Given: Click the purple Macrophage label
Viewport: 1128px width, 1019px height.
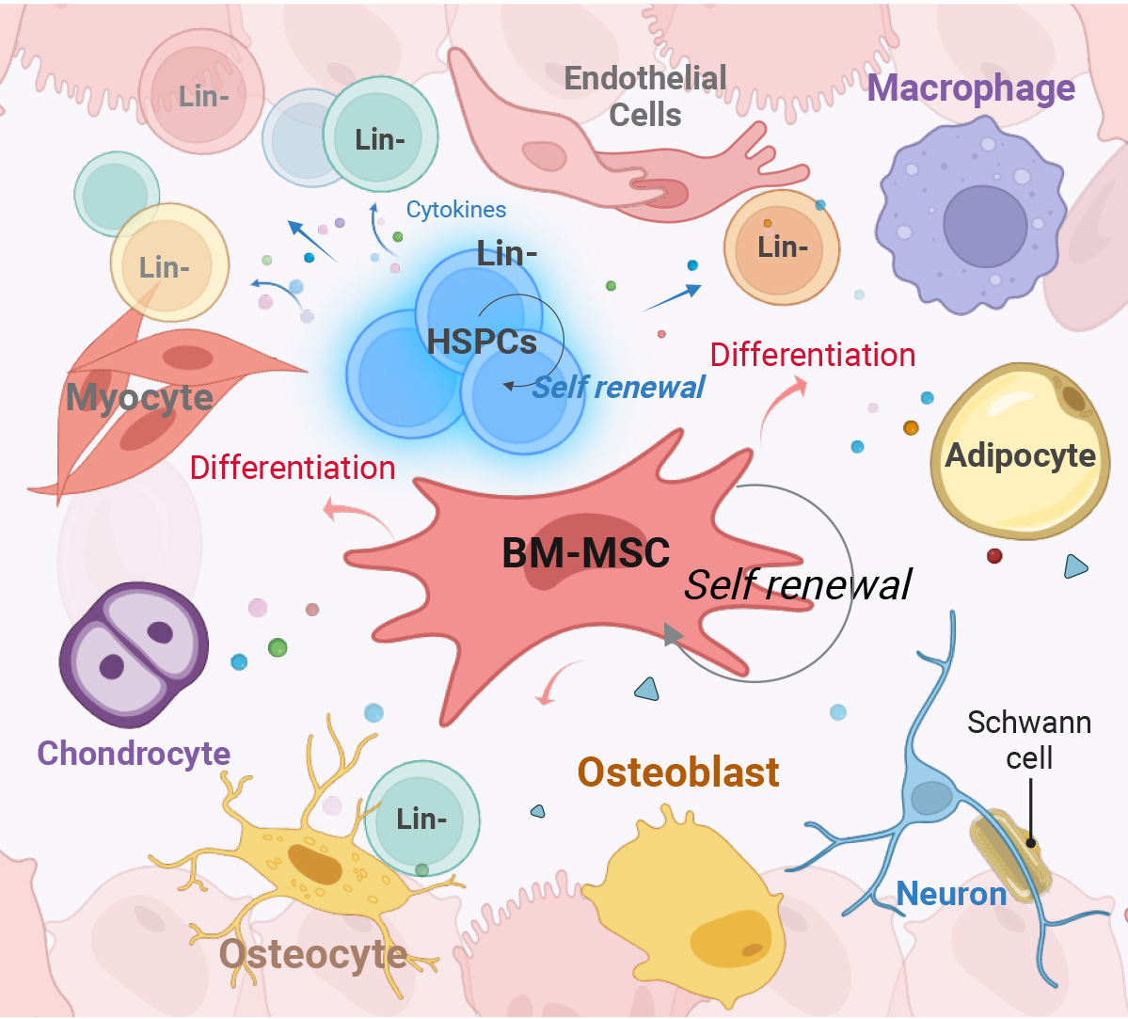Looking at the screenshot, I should coord(971,88).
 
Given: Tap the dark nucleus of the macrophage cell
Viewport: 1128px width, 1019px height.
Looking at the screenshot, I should coord(985,227).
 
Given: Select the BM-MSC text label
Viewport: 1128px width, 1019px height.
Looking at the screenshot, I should coord(586,552).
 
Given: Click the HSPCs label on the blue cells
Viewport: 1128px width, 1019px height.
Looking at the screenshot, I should coord(482,342).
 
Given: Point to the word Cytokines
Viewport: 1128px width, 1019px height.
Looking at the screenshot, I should coord(455,210).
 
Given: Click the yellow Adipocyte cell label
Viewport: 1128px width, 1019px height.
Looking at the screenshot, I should coord(1021,455).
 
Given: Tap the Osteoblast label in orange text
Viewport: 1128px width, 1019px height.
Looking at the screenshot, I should coord(678,772).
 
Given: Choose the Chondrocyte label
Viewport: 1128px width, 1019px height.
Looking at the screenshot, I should coord(134,753).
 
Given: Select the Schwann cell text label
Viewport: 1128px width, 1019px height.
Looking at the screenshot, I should coord(1029,740).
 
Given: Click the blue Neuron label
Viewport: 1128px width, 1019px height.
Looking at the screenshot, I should coord(951,893).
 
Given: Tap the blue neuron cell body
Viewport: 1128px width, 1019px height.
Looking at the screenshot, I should coord(931,798).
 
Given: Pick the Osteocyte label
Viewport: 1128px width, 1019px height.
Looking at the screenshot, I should coord(313,954).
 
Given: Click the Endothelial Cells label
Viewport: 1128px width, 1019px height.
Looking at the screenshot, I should coord(645,96).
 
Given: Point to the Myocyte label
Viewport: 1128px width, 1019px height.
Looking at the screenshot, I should coord(139,397).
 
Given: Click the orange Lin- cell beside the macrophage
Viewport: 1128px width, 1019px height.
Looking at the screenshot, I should coord(782,248).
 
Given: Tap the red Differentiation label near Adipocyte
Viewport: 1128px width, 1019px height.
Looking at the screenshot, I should coord(813,355).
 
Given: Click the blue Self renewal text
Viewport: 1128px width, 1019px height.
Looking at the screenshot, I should coord(618,387).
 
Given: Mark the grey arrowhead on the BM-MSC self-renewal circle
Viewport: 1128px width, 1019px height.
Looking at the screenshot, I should coord(673,635).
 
